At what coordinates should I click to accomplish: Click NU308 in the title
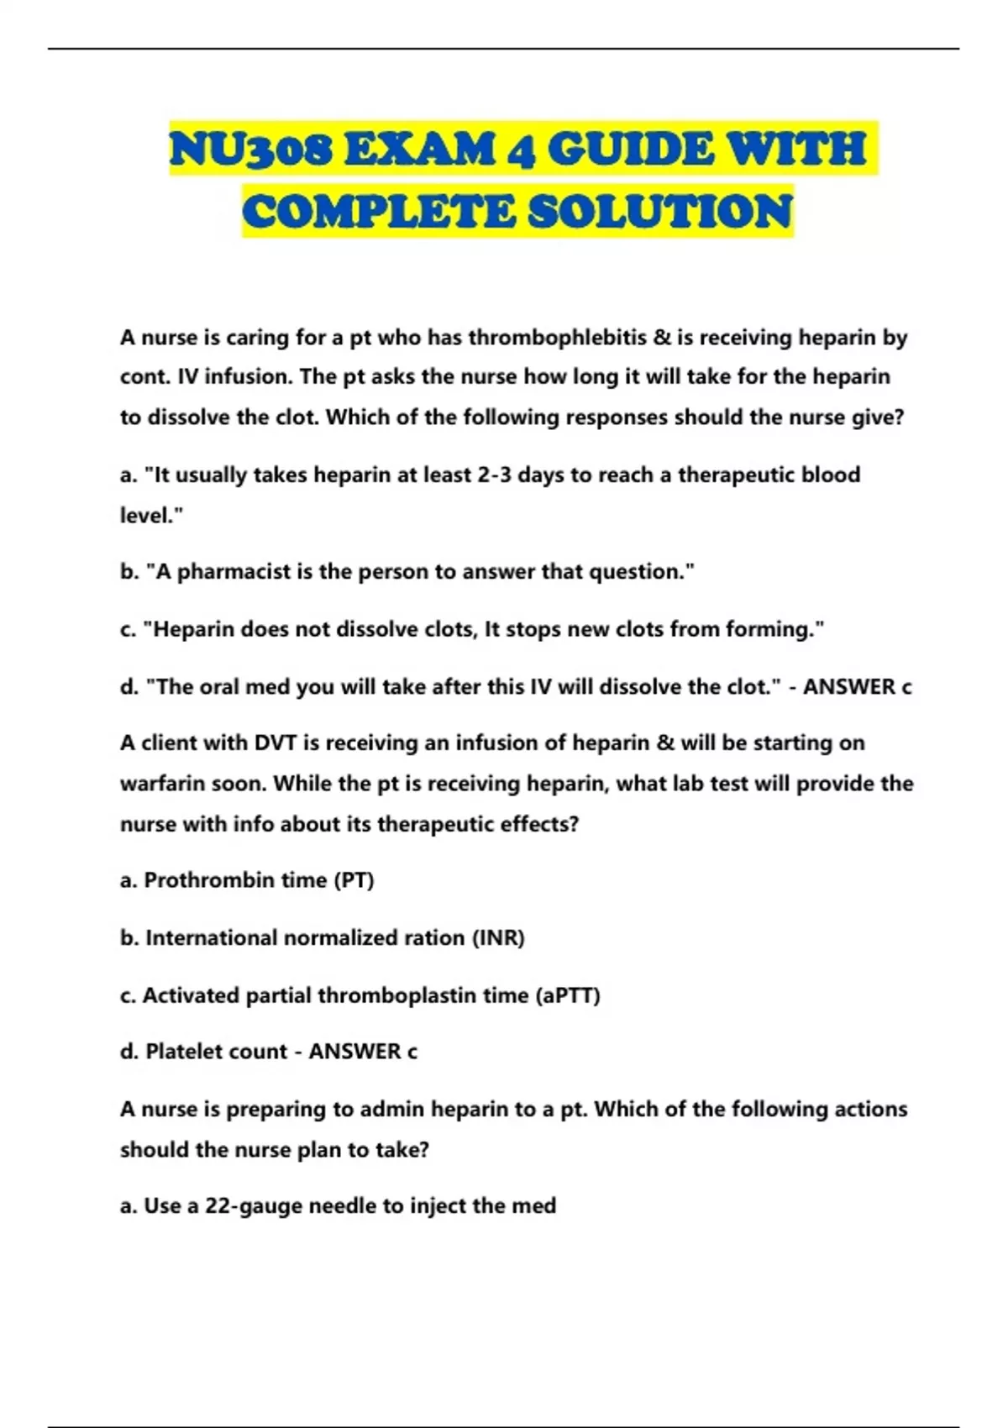click(x=249, y=150)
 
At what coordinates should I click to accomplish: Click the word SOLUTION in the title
click(x=660, y=211)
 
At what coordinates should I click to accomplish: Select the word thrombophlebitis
click(x=557, y=338)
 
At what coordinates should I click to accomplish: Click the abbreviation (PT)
click(x=354, y=880)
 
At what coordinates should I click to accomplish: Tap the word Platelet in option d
click(x=181, y=1052)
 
